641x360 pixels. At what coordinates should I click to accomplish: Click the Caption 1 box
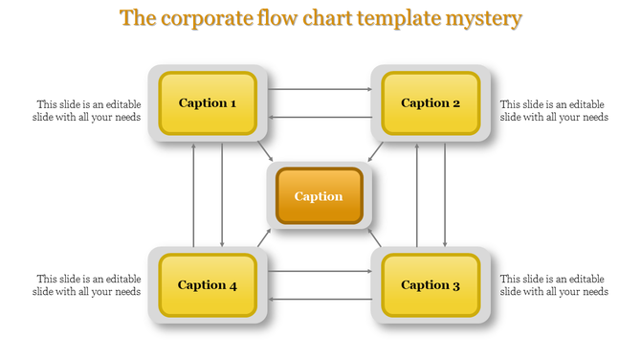pyautogui.click(x=208, y=102)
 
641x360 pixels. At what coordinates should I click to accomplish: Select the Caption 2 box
pyautogui.click(x=431, y=102)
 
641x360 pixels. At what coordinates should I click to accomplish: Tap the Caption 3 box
pyautogui.click(x=431, y=284)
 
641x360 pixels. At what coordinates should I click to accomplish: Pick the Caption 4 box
pyautogui.click(x=208, y=284)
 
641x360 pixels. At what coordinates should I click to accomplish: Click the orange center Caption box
pyautogui.click(x=319, y=196)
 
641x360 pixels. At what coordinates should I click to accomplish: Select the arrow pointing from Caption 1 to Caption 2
pyautogui.click(x=320, y=89)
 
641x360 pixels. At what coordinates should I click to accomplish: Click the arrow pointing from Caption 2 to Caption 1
pyautogui.click(x=320, y=117)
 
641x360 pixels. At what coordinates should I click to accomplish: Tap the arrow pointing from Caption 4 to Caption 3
pyautogui.click(x=320, y=271)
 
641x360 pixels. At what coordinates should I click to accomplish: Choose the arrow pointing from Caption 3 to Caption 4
pyautogui.click(x=320, y=299)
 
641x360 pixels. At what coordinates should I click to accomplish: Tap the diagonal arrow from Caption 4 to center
pyautogui.click(x=264, y=236)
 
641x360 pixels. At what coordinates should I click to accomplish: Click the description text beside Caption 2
pyautogui.click(x=554, y=111)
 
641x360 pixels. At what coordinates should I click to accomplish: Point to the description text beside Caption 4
pyautogui.click(x=88, y=285)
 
